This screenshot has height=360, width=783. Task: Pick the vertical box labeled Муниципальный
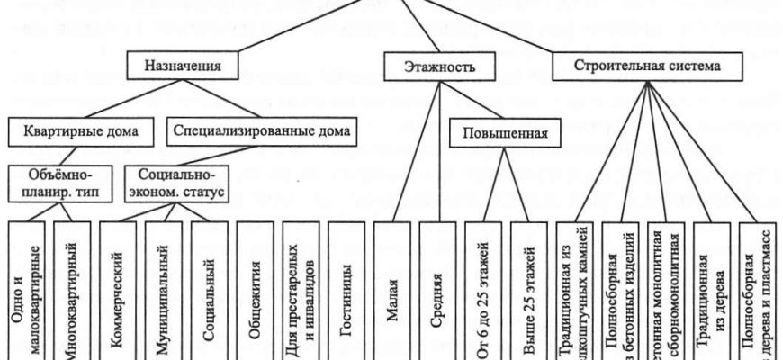tap(165, 288)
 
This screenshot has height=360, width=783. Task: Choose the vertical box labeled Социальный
tap(210, 288)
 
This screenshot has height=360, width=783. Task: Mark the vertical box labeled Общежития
tap(256, 288)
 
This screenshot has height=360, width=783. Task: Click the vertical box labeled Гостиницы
tap(347, 288)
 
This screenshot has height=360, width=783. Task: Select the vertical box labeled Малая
tap(392, 288)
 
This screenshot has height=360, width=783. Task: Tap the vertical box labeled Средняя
tap(437, 288)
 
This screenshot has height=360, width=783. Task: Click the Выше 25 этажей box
tap(529, 288)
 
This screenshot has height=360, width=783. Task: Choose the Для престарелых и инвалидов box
tap(301, 288)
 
